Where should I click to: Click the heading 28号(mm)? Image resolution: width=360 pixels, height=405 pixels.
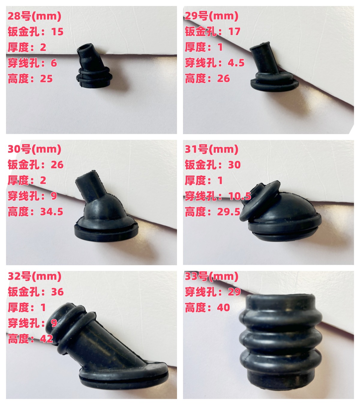pos(34,16)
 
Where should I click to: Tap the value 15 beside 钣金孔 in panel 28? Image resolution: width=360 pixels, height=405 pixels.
pos(57,32)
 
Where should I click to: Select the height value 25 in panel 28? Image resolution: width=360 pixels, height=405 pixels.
pos(46,79)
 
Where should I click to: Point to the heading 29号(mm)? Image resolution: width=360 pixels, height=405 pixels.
pos(211,16)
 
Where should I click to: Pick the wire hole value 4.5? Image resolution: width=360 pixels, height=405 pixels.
pos(236,63)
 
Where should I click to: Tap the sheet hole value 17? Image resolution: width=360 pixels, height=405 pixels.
pos(234,32)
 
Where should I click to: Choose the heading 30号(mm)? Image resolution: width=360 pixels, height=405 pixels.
pos(34,149)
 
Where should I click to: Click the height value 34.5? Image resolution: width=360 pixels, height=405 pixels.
pos(52,212)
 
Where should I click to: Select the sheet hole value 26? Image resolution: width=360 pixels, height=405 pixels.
pos(57,165)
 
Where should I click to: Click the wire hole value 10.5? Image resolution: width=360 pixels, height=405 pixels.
pos(240,196)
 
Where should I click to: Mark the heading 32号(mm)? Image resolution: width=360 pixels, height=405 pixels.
pos(34,276)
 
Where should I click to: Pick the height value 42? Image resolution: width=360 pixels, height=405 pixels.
pos(46,339)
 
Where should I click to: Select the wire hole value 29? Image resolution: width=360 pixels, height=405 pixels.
pos(234,292)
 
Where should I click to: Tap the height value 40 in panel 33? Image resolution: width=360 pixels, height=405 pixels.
pos(223,307)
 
